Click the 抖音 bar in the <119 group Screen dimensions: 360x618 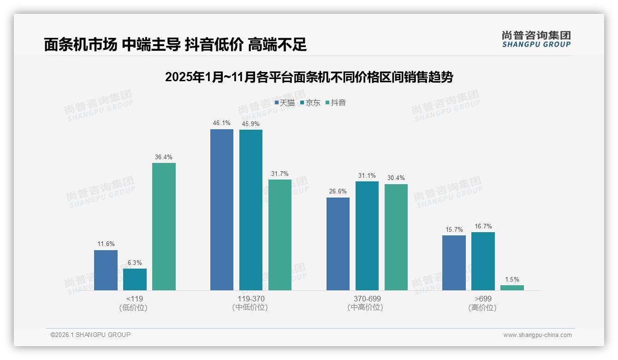tap(164, 227)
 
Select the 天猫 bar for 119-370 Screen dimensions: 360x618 tap(222, 210)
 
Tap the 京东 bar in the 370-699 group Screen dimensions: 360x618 tap(367, 236)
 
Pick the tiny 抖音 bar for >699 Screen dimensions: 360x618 tap(512, 288)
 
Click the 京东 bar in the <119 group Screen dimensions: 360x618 tap(135, 279)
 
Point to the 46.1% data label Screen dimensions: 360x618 tap(221, 123)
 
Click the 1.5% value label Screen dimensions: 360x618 tap(512, 279)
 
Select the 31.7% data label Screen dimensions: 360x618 tap(280, 174)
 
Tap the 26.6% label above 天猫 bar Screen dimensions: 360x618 tap(338, 192)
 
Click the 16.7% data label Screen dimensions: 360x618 tap(483, 226)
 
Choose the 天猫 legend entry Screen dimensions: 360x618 tap(285, 103)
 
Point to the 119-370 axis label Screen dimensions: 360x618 tap(251, 299)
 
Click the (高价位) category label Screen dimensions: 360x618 tap(482, 307)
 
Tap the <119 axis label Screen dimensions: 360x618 tap(134, 299)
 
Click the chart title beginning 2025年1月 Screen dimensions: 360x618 tap(309, 77)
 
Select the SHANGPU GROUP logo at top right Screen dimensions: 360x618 tap(536, 39)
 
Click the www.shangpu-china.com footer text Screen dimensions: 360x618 tap(537, 335)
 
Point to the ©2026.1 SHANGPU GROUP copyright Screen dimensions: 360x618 tap(90, 335)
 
